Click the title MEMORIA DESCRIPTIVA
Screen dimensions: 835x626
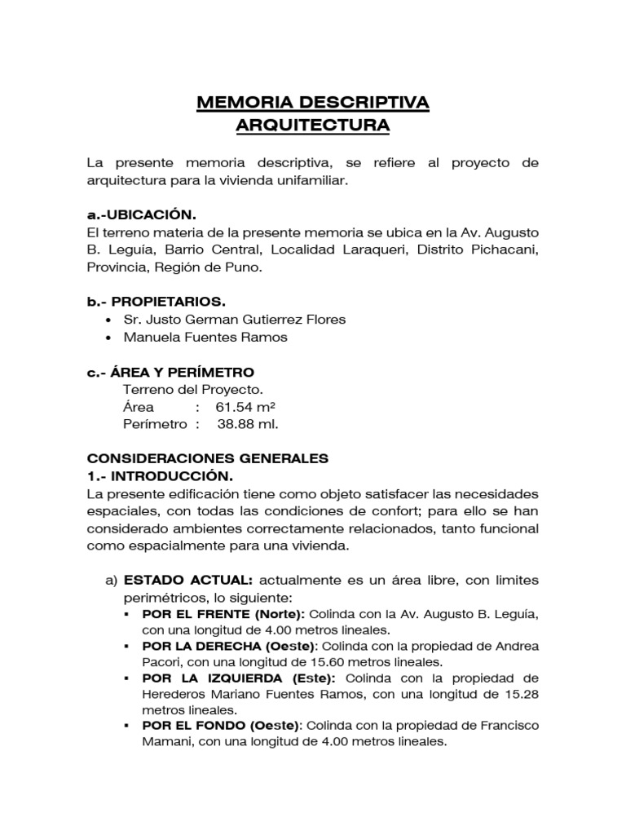point(313,103)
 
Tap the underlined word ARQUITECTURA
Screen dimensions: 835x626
point(313,126)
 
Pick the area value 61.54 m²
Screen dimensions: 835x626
point(245,406)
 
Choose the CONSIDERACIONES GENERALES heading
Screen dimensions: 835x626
point(207,458)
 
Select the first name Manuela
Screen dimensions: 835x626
point(151,338)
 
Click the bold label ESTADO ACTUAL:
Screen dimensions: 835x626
point(187,580)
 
